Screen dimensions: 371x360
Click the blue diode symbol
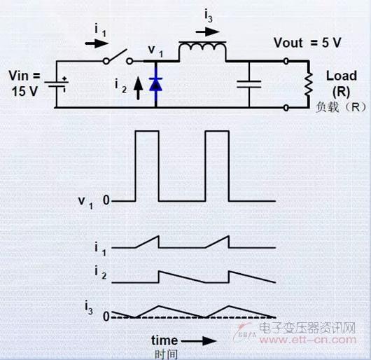(155, 85)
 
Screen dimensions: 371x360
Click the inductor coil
(202, 46)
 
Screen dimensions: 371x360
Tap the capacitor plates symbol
(249, 84)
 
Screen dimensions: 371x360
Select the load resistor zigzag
(308, 84)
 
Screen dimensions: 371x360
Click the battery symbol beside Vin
(57, 84)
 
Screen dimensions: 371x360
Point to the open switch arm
(116, 55)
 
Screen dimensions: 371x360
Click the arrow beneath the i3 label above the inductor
(208, 32)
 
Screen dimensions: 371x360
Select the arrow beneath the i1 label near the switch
(97, 43)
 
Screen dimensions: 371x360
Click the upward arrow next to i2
(138, 89)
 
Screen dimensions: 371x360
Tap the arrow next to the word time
(199, 341)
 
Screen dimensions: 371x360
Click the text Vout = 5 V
(307, 43)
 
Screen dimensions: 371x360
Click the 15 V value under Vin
(24, 91)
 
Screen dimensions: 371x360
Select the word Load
(342, 76)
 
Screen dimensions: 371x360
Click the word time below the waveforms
(164, 340)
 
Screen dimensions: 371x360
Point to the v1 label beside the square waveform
(85, 203)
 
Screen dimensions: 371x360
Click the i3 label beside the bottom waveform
(89, 307)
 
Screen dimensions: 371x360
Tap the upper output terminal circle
(286, 62)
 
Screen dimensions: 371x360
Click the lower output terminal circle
(286, 108)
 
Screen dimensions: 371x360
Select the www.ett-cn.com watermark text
(307, 340)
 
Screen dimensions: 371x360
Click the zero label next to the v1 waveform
(106, 200)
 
